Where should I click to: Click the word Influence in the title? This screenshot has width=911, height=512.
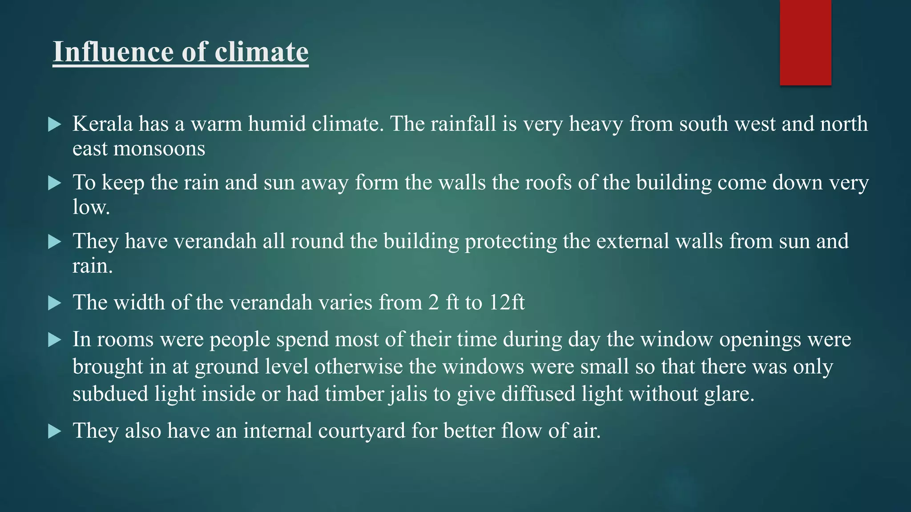click(114, 52)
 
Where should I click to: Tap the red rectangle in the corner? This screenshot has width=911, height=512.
click(805, 43)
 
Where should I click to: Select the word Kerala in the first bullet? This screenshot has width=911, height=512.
click(102, 124)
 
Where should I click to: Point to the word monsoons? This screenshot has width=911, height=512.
click(159, 149)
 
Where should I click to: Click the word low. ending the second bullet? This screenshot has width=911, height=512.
click(91, 207)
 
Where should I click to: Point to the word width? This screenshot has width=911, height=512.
click(139, 303)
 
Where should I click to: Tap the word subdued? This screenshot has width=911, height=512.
click(110, 394)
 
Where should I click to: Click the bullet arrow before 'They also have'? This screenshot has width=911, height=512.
click(54, 431)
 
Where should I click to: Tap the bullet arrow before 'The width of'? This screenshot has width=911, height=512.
click(54, 304)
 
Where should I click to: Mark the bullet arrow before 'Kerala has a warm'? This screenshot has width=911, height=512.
click(54, 124)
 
